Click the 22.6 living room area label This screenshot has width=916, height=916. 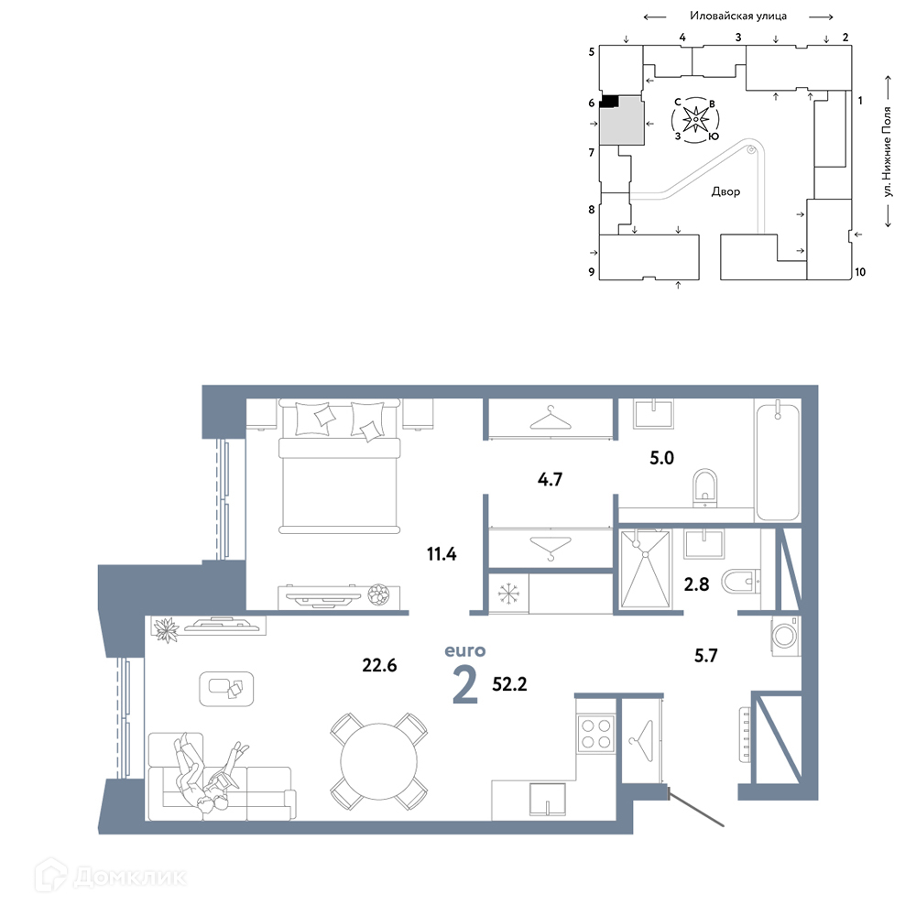379,665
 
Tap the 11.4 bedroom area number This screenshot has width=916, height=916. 442,554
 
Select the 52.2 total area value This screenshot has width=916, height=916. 509,684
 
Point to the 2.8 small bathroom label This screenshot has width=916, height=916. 696,583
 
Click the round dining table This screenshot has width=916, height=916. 379,762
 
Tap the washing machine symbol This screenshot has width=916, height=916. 785,636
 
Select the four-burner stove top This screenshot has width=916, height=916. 596,733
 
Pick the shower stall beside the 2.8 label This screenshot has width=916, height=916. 646,569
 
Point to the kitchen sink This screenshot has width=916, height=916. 548,799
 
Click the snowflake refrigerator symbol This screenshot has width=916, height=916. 508,594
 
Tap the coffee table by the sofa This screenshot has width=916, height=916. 226,689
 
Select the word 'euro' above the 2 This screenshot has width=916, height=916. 465,650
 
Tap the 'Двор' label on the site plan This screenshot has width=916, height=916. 725,191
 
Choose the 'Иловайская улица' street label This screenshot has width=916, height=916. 738,16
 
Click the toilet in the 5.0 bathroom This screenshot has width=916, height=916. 705,488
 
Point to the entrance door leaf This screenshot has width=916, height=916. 696,808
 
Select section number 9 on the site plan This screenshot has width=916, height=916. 591,272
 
